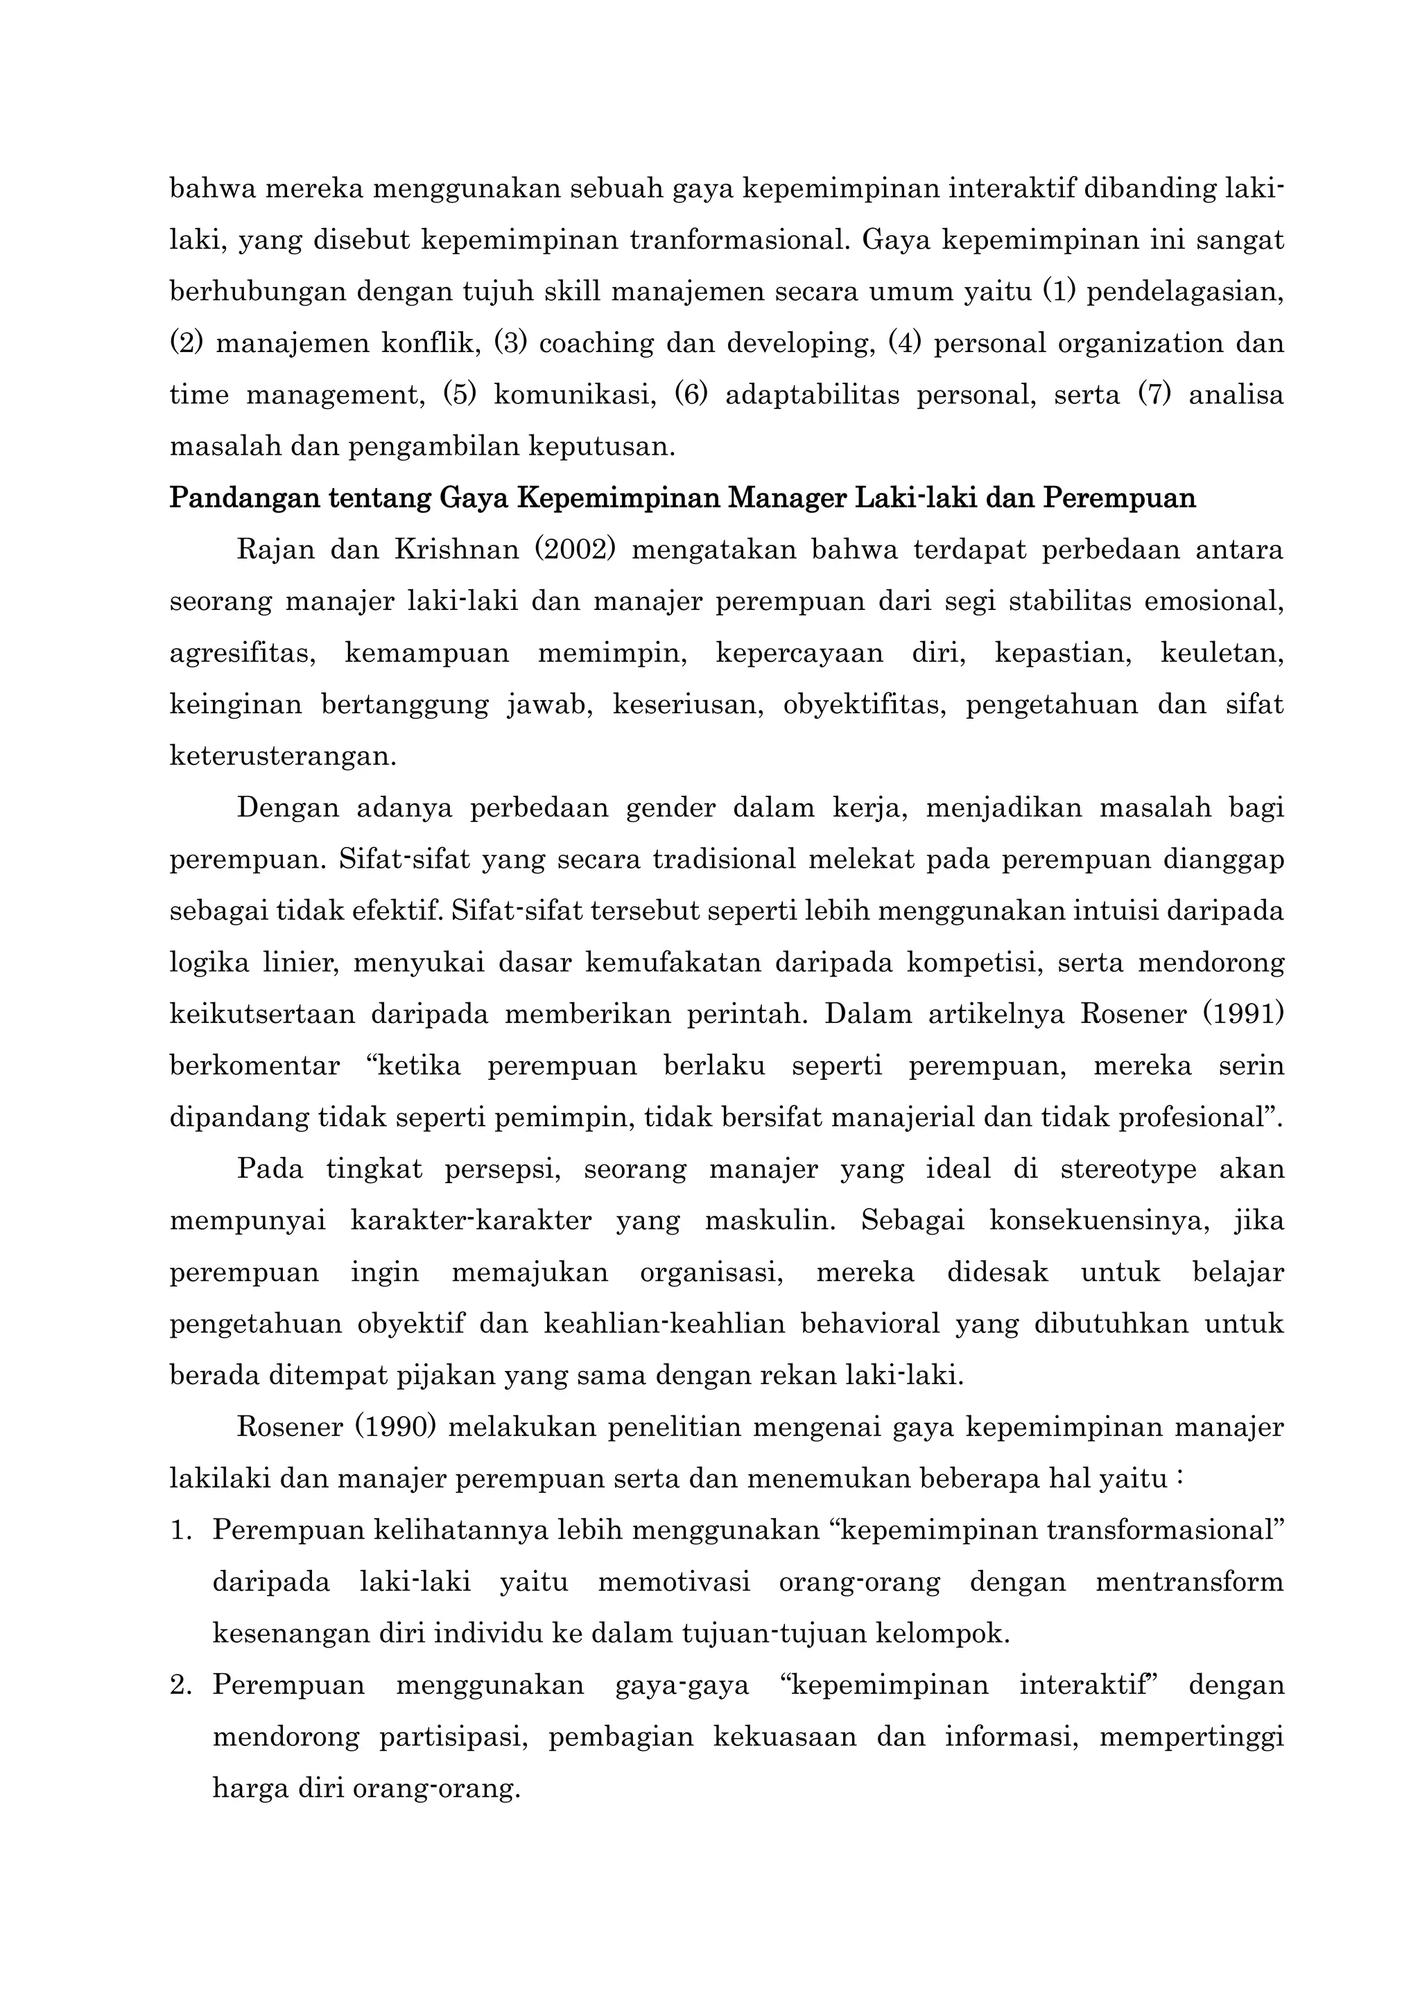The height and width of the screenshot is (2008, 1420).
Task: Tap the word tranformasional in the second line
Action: click(739, 240)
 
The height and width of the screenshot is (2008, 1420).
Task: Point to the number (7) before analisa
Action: click(1154, 394)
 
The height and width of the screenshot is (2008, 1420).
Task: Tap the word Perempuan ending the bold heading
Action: click(1120, 498)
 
